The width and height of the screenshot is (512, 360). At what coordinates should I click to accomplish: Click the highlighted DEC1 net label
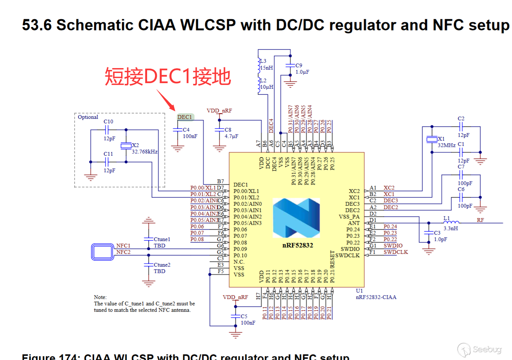[185, 117]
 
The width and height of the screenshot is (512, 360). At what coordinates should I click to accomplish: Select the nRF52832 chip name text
[298, 245]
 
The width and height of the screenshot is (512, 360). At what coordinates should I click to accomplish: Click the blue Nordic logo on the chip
[296, 218]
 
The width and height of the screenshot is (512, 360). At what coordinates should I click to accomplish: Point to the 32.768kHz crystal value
[144, 152]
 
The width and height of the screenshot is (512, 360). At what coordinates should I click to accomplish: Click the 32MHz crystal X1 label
[446, 145]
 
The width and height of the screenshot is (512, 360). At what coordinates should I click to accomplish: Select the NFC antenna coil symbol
[103, 252]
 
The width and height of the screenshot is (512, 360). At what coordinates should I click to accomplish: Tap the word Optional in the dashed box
[88, 117]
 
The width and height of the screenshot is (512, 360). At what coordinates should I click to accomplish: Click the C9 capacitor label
[299, 65]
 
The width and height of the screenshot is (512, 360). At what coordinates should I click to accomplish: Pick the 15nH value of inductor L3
[267, 68]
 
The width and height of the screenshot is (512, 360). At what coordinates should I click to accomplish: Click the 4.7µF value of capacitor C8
[231, 136]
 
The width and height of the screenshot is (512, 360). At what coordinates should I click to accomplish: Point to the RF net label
[480, 220]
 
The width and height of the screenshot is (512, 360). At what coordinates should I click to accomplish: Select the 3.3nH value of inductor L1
[451, 228]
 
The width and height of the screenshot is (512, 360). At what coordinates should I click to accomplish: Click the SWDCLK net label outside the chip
[395, 252]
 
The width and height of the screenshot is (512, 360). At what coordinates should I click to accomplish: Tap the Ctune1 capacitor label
[162, 239]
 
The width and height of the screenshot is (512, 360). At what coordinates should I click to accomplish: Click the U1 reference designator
[359, 291]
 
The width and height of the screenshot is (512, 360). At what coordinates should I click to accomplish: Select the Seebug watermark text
[487, 349]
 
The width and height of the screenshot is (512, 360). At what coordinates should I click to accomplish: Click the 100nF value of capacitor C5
[248, 323]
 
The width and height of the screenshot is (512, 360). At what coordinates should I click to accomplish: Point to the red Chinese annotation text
[167, 76]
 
